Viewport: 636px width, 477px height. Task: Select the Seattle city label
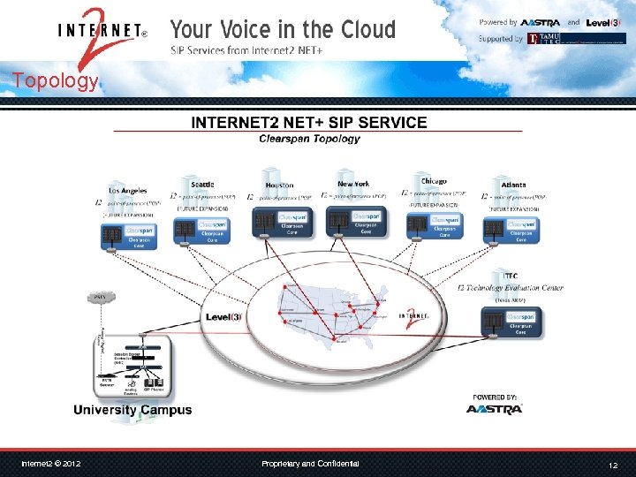pyautogui.click(x=202, y=184)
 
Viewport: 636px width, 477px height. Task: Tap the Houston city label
pyautogui.click(x=279, y=185)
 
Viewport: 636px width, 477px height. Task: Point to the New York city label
pyautogui.click(x=353, y=184)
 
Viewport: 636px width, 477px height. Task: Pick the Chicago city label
pyautogui.click(x=434, y=182)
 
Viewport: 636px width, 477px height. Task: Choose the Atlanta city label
pyautogui.click(x=503, y=184)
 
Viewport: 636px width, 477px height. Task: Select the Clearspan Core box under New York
pyautogui.click(x=353, y=221)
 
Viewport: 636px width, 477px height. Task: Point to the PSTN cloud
pyautogui.click(x=100, y=297)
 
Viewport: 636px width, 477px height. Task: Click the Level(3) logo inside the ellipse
pyautogui.click(x=223, y=317)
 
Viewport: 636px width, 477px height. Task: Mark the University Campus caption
pyautogui.click(x=132, y=410)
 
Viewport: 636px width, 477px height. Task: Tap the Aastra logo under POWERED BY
pyautogui.click(x=495, y=408)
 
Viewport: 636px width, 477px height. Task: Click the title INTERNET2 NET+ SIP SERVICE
pyautogui.click(x=309, y=123)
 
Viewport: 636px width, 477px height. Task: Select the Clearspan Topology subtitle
pyautogui.click(x=309, y=139)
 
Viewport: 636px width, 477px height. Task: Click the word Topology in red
pyautogui.click(x=55, y=81)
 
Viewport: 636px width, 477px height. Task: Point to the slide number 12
pyautogui.click(x=612, y=465)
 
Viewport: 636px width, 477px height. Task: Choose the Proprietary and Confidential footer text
pyautogui.click(x=310, y=464)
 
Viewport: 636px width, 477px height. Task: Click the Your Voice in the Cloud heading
pyautogui.click(x=283, y=29)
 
